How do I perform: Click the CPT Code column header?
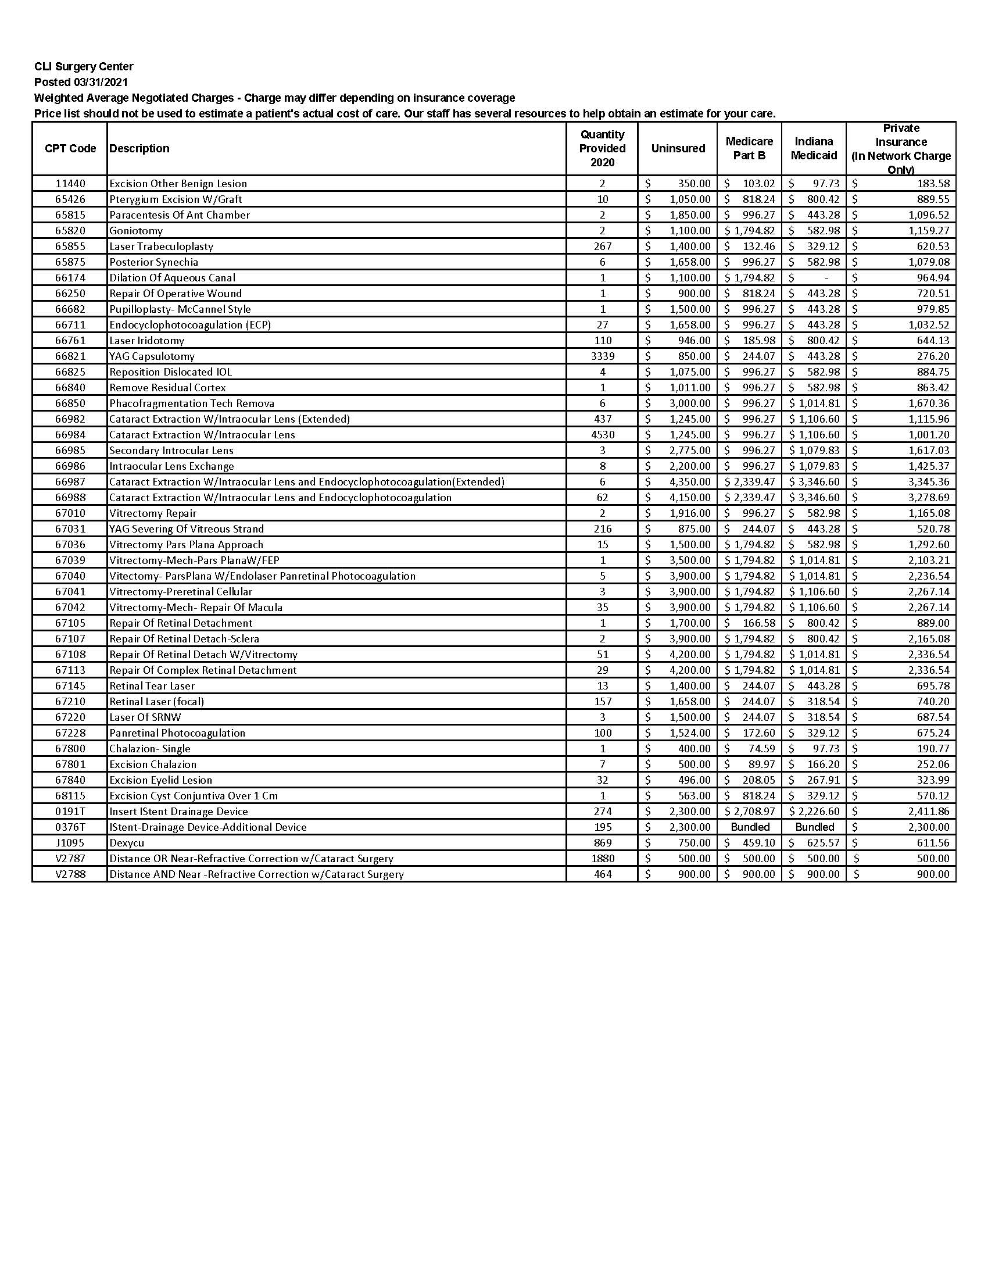click(x=70, y=149)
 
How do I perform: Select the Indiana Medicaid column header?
click(x=814, y=149)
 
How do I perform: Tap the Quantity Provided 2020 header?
click(x=602, y=149)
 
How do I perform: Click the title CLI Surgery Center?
click(x=84, y=67)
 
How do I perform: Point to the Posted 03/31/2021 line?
click(x=81, y=82)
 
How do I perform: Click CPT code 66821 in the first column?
click(x=70, y=356)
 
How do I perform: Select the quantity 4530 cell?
click(x=602, y=434)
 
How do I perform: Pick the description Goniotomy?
click(x=137, y=231)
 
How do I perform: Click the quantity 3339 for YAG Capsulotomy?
click(x=602, y=356)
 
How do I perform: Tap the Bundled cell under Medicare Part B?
click(x=750, y=827)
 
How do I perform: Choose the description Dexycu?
click(x=127, y=843)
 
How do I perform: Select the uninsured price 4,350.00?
click(x=689, y=482)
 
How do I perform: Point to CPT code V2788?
click(x=70, y=874)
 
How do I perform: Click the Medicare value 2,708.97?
click(x=754, y=812)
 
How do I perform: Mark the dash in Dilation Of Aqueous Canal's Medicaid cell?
click(x=826, y=278)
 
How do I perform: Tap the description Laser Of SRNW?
click(x=145, y=717)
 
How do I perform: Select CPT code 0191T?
click(x=70, y=812)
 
